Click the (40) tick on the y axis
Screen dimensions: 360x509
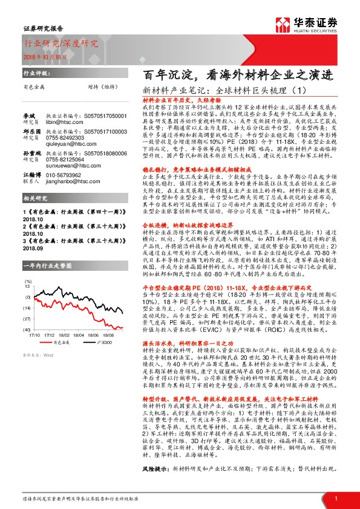click(x=28, y=330)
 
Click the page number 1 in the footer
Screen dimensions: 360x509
click(x=335, y=498)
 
